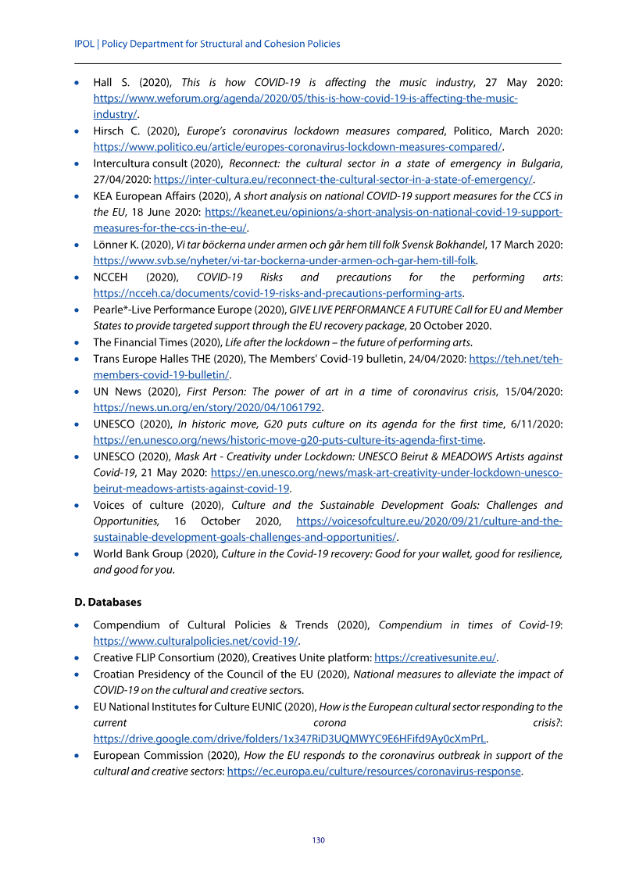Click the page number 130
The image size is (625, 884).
[318, 840]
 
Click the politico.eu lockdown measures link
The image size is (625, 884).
[298, 146]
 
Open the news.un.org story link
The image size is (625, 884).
[208, 407]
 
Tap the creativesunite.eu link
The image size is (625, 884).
[435, 657]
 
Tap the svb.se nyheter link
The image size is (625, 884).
[285, 260]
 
